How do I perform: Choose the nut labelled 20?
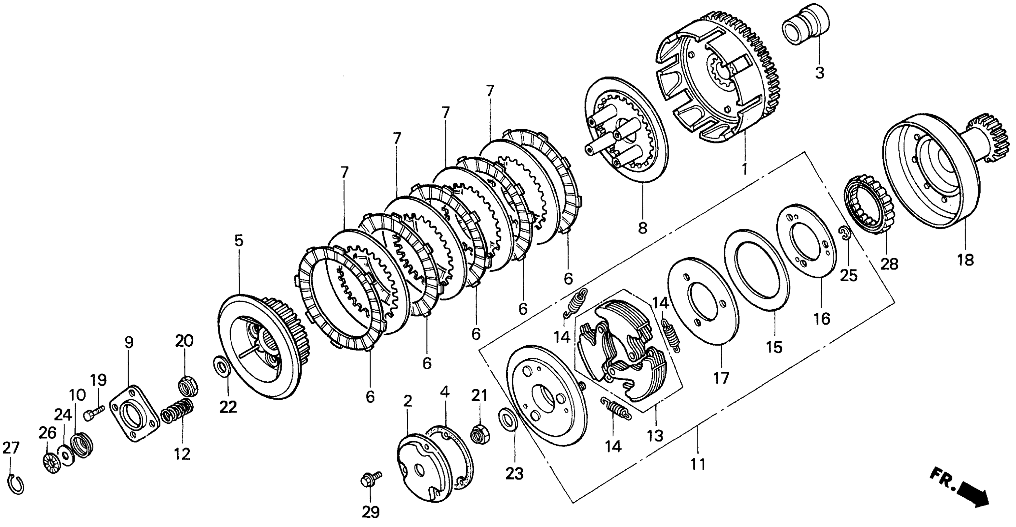coord(188,386)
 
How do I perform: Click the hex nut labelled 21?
coord(480,433)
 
